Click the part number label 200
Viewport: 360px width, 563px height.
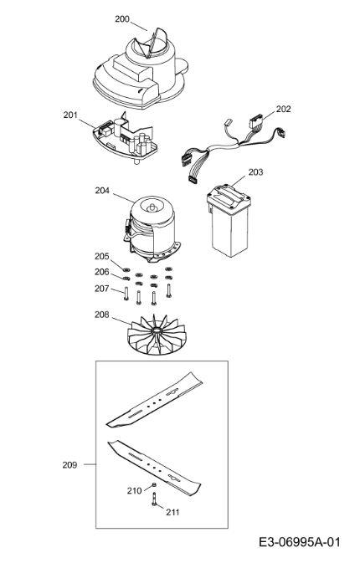coord(122,19)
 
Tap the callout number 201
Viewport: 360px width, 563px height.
coord(70,115)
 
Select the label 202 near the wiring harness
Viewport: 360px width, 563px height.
coord(283,109)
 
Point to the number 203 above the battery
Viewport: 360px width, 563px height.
coord(255,172)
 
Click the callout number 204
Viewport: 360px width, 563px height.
coord(102,190)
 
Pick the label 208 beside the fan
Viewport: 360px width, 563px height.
coord(101,315)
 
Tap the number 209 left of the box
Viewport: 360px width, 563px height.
coord(69,465)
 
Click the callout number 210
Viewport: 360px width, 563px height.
coord(134,490)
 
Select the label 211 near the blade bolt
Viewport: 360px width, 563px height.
coord(172,512)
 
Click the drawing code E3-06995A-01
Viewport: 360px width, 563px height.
coord(299,542)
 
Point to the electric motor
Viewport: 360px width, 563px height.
coord(152,229)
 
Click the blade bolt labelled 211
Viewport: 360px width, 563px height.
coord(155,499)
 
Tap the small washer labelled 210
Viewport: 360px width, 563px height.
coord(154,485)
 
